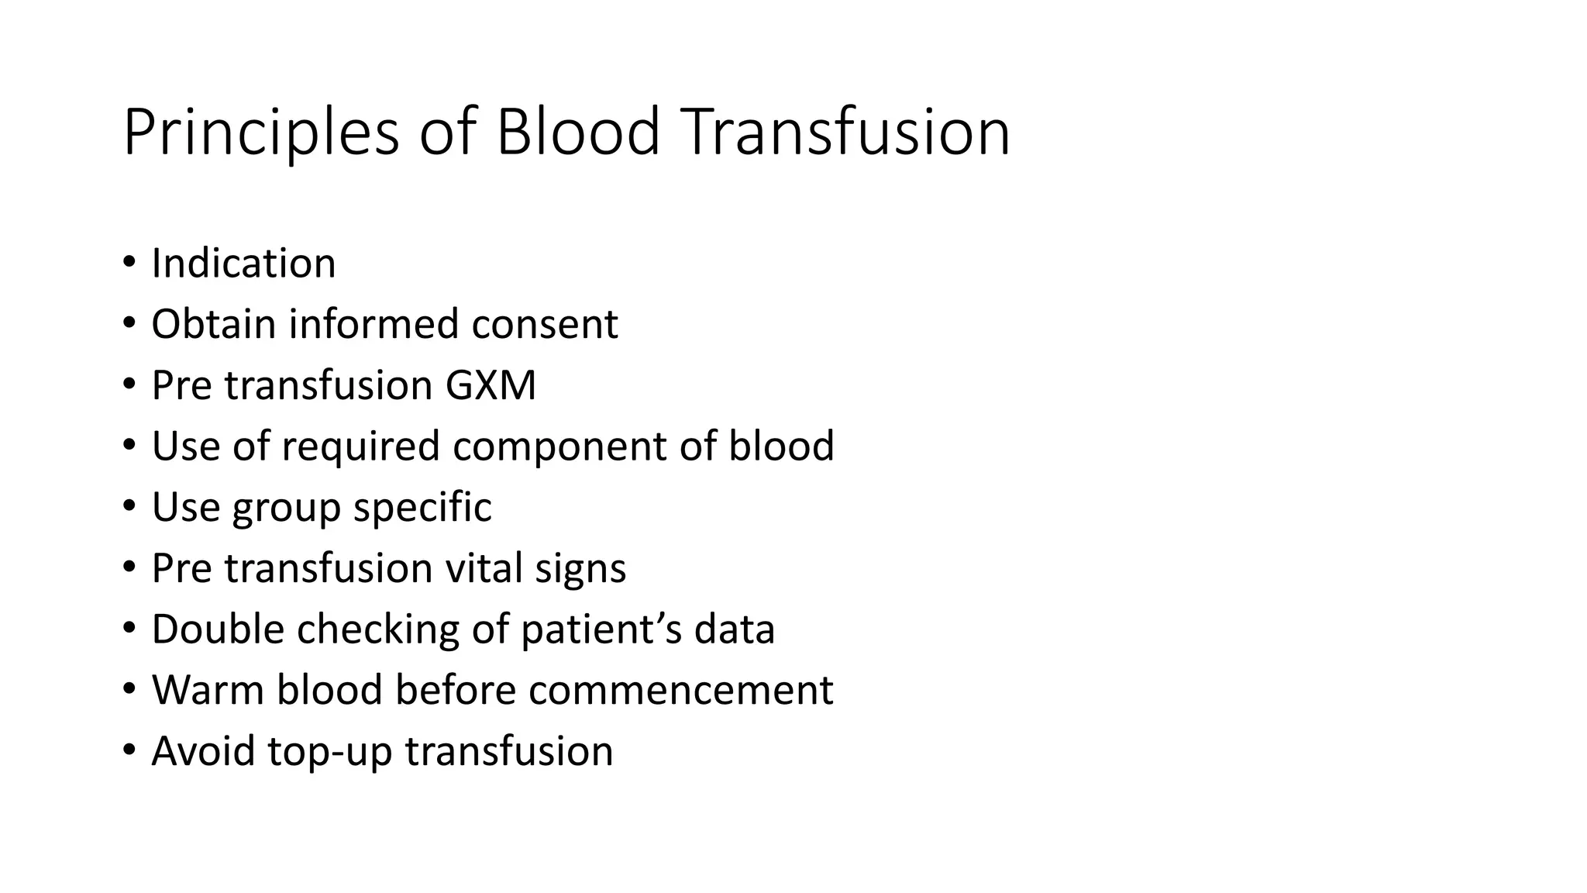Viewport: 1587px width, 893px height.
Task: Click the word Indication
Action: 243,264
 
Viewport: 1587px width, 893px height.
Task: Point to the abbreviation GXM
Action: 490,385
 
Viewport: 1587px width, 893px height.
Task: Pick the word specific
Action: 422,509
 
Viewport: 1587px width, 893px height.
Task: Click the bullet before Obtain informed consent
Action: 129,323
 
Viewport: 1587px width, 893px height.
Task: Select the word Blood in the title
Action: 577,132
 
